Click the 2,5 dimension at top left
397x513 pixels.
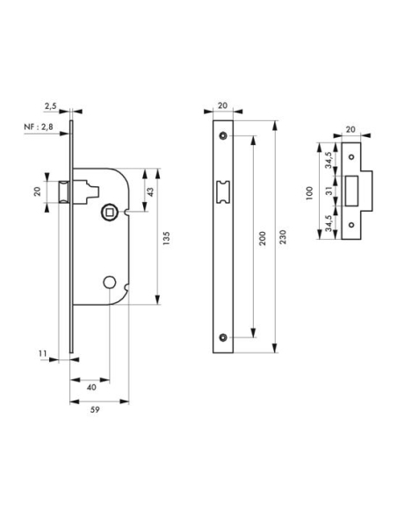(x=50, y=105)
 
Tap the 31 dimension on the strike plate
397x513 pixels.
(x=329, y=189)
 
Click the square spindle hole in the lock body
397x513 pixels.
(x=110, y=210)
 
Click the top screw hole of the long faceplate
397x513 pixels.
(x=223, y=134)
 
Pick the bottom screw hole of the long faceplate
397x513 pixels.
(x=223, y=337)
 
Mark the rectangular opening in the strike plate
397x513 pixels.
(x=357, y=189)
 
